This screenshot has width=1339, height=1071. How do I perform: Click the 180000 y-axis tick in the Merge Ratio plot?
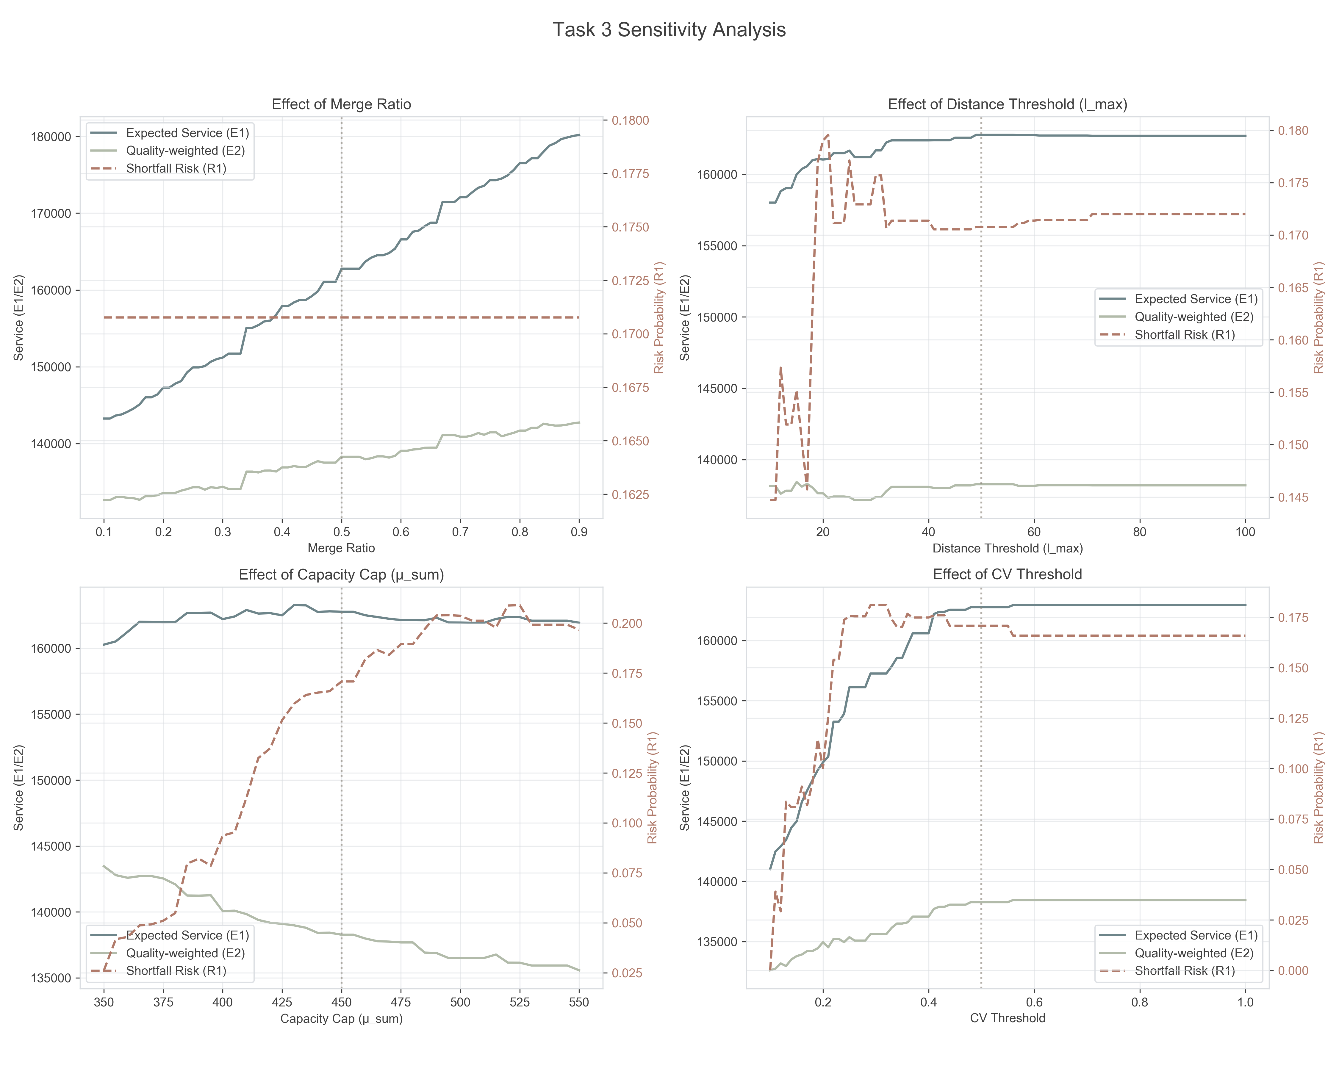click(51, 137)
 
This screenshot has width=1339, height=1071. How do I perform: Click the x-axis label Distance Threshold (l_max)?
click(1007, 548)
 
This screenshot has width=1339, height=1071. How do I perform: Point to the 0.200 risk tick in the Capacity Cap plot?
click(627, 623)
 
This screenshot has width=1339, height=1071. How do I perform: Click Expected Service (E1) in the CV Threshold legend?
click(1196, 936)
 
